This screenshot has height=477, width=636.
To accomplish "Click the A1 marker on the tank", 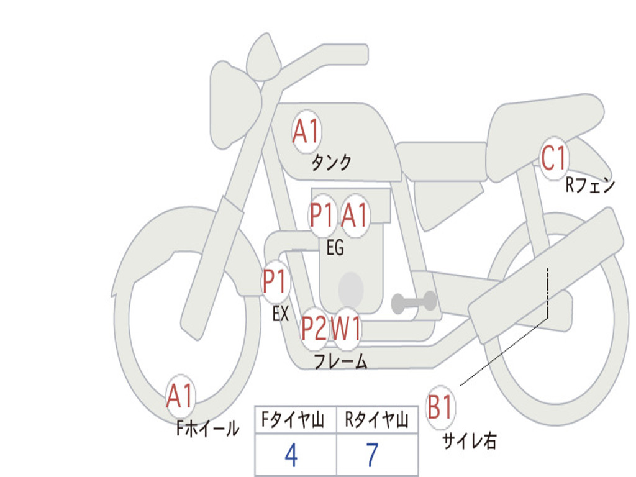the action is tap(306, 132).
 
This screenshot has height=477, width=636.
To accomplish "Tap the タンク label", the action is tap(331, 163).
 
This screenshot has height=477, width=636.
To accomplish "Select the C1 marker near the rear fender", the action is tap(553, 158).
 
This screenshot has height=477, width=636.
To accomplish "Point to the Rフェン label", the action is tap(589, 185).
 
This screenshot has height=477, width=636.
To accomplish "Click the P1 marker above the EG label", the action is tap(322, 216).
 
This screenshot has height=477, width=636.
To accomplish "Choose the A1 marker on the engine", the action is tap(355, 216).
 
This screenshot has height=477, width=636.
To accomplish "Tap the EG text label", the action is tap(335, 248).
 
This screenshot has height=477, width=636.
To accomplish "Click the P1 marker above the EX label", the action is tap(275, 282).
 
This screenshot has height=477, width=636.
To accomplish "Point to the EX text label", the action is tap(281, 314).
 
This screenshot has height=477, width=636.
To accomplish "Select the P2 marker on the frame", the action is tap(314, 329).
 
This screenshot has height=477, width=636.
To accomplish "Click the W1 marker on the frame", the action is tap(346, 329).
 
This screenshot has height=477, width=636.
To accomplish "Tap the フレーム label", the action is tap(340, 361).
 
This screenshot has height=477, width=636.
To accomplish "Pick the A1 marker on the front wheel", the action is tap(180, 396).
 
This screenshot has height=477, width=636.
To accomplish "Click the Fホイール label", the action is tap(207, 429).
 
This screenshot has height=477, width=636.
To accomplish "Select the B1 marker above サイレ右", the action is tap(440, 407).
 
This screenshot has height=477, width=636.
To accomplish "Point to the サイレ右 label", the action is tap(469, 441).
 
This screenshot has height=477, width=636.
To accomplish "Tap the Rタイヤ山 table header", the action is tap(376, 420).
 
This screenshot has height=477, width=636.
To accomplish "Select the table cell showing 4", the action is tap(291, 455).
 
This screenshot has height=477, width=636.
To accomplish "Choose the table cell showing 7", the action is tap(372, 455).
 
